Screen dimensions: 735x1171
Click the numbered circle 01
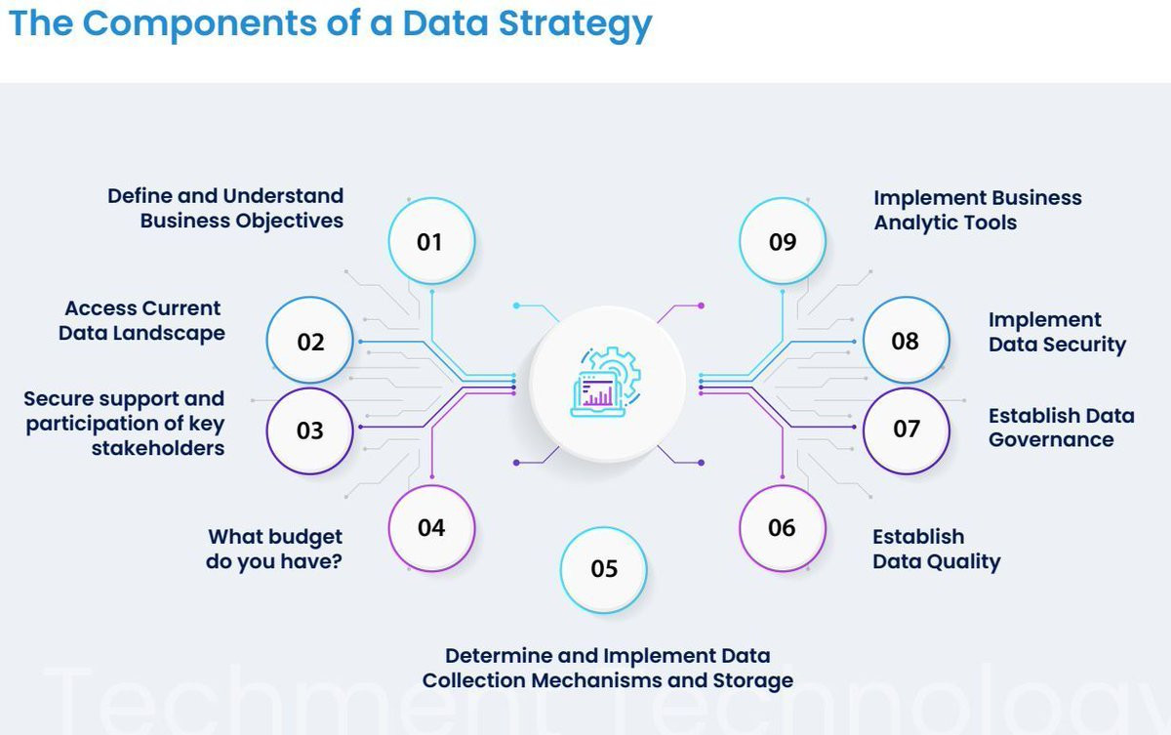tap(430, 241)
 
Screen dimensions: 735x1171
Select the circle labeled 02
tap(310, 341)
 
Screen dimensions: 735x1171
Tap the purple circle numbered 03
tap(309, 429)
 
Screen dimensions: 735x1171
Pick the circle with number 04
tap(431, 527)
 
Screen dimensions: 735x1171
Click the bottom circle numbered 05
tap(604, 568)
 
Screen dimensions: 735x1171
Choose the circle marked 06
tap(782, 527)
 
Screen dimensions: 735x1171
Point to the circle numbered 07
tap(906, 429)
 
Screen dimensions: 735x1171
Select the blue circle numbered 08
tap(906, 340)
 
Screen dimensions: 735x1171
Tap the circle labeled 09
tap(783, 241)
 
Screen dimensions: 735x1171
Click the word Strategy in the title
tap(575, 23)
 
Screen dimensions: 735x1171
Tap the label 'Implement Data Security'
tap(1057, 332)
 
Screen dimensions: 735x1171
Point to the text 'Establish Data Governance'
tap(1061, 428)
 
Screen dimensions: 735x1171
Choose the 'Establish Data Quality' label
tap(936, 549)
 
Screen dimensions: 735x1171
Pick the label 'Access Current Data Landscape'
tap(142, 320)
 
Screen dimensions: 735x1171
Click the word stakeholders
tap(158, 448)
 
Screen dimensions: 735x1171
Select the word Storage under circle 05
tap(752, 680)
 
